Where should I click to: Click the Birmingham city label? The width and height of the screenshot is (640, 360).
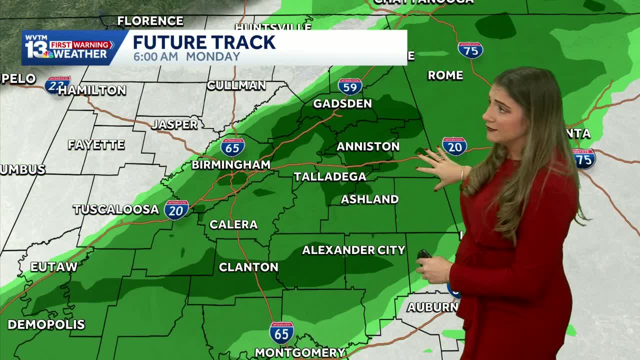click(x=231, y=164)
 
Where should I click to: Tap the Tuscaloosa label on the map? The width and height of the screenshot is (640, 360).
click(x=116, y=209)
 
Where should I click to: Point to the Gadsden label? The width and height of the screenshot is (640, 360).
click(x=342, y=103)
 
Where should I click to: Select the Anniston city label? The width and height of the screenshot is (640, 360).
click(x=368, y=146)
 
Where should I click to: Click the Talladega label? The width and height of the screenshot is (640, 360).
click(x=330, y=176)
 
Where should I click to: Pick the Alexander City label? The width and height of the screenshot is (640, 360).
click(x=353, y=250)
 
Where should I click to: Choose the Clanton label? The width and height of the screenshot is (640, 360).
click(x=248, y=267)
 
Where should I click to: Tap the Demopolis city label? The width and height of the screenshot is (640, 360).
click(x=46, y=324)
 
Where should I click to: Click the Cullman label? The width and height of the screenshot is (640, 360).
click(x=236, y=85)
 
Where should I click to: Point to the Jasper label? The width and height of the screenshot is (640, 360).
click(x=174, y=124)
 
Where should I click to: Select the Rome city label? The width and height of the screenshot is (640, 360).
click(x=445, y=75)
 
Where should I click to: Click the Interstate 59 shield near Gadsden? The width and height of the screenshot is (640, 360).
click(x=350, y=86)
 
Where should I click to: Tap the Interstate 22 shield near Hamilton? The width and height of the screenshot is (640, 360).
click(x=57, y=85)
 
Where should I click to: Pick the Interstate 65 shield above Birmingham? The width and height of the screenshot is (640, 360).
click(x=232, y=146)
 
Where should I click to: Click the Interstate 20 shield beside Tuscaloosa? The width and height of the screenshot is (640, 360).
click(x=176, y=209)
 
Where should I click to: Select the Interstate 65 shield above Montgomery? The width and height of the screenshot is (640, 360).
click(x=281, y=332)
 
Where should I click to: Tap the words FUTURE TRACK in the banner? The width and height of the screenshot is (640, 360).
click(x=204, y=42)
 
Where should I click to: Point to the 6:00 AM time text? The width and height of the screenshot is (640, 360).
click(x=155, y=56)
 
